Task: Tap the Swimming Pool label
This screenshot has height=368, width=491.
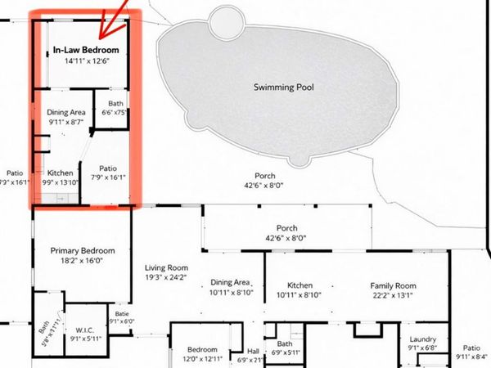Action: point(283,87)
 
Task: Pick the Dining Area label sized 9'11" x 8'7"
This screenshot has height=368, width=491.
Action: point(66,112)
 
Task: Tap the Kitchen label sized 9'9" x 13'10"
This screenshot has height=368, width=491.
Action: point(61,173)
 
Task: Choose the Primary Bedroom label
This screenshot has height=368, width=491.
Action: point(83,250)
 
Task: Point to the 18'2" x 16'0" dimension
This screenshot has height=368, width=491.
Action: point(83,261)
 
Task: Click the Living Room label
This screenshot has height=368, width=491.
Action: point(167,267)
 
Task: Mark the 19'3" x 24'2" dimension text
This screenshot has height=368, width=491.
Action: point(167,277)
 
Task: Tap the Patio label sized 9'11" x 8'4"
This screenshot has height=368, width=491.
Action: point(472,348)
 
